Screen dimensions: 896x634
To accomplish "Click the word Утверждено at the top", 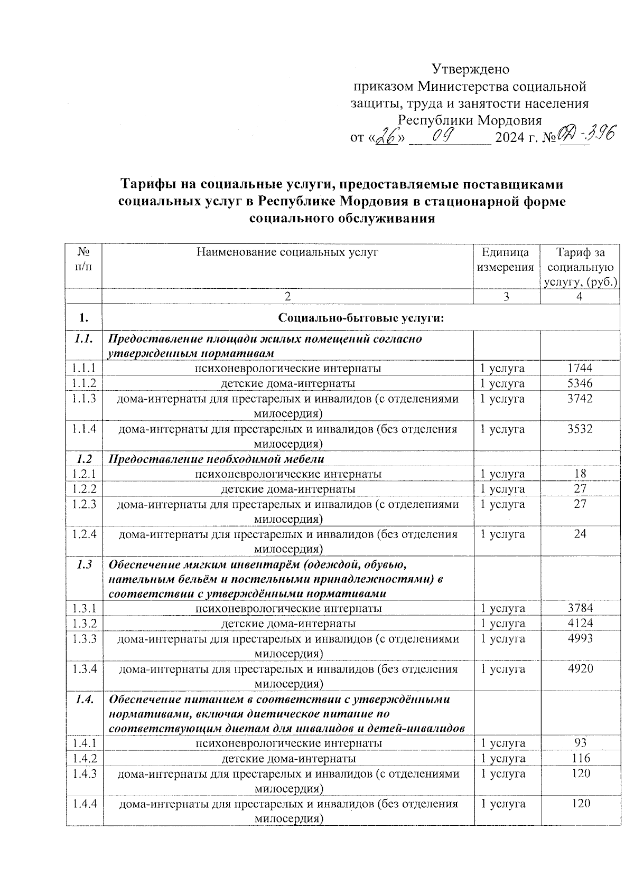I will (x=470, y=69).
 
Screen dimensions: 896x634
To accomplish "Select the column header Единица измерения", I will (x=506, y=260).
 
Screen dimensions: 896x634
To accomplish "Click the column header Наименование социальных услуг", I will (x=287, y=252).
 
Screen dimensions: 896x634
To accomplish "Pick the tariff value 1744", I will (x=580, y=368).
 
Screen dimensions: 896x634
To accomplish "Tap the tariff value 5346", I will (x=580, y=383).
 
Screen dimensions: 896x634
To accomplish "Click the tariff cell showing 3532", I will (x=580, y=429).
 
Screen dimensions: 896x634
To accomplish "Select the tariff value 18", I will (x=580, y=474).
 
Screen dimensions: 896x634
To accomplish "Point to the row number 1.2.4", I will (x=85, y=534).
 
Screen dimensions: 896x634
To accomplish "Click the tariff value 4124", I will (x=580, y=624).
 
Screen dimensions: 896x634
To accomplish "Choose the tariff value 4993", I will (x=580, y=638).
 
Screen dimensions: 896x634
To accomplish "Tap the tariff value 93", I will (x=580, y=743).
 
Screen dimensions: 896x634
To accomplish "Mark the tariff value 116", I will (x=580, y=759).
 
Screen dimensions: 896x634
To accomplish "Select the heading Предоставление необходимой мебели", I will (x=216, y=458).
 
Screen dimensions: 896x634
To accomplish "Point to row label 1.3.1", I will (x=85, y=609).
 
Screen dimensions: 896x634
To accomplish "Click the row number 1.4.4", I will (x=85, y=804).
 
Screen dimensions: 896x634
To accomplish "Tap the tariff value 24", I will (x=580, y=534).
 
